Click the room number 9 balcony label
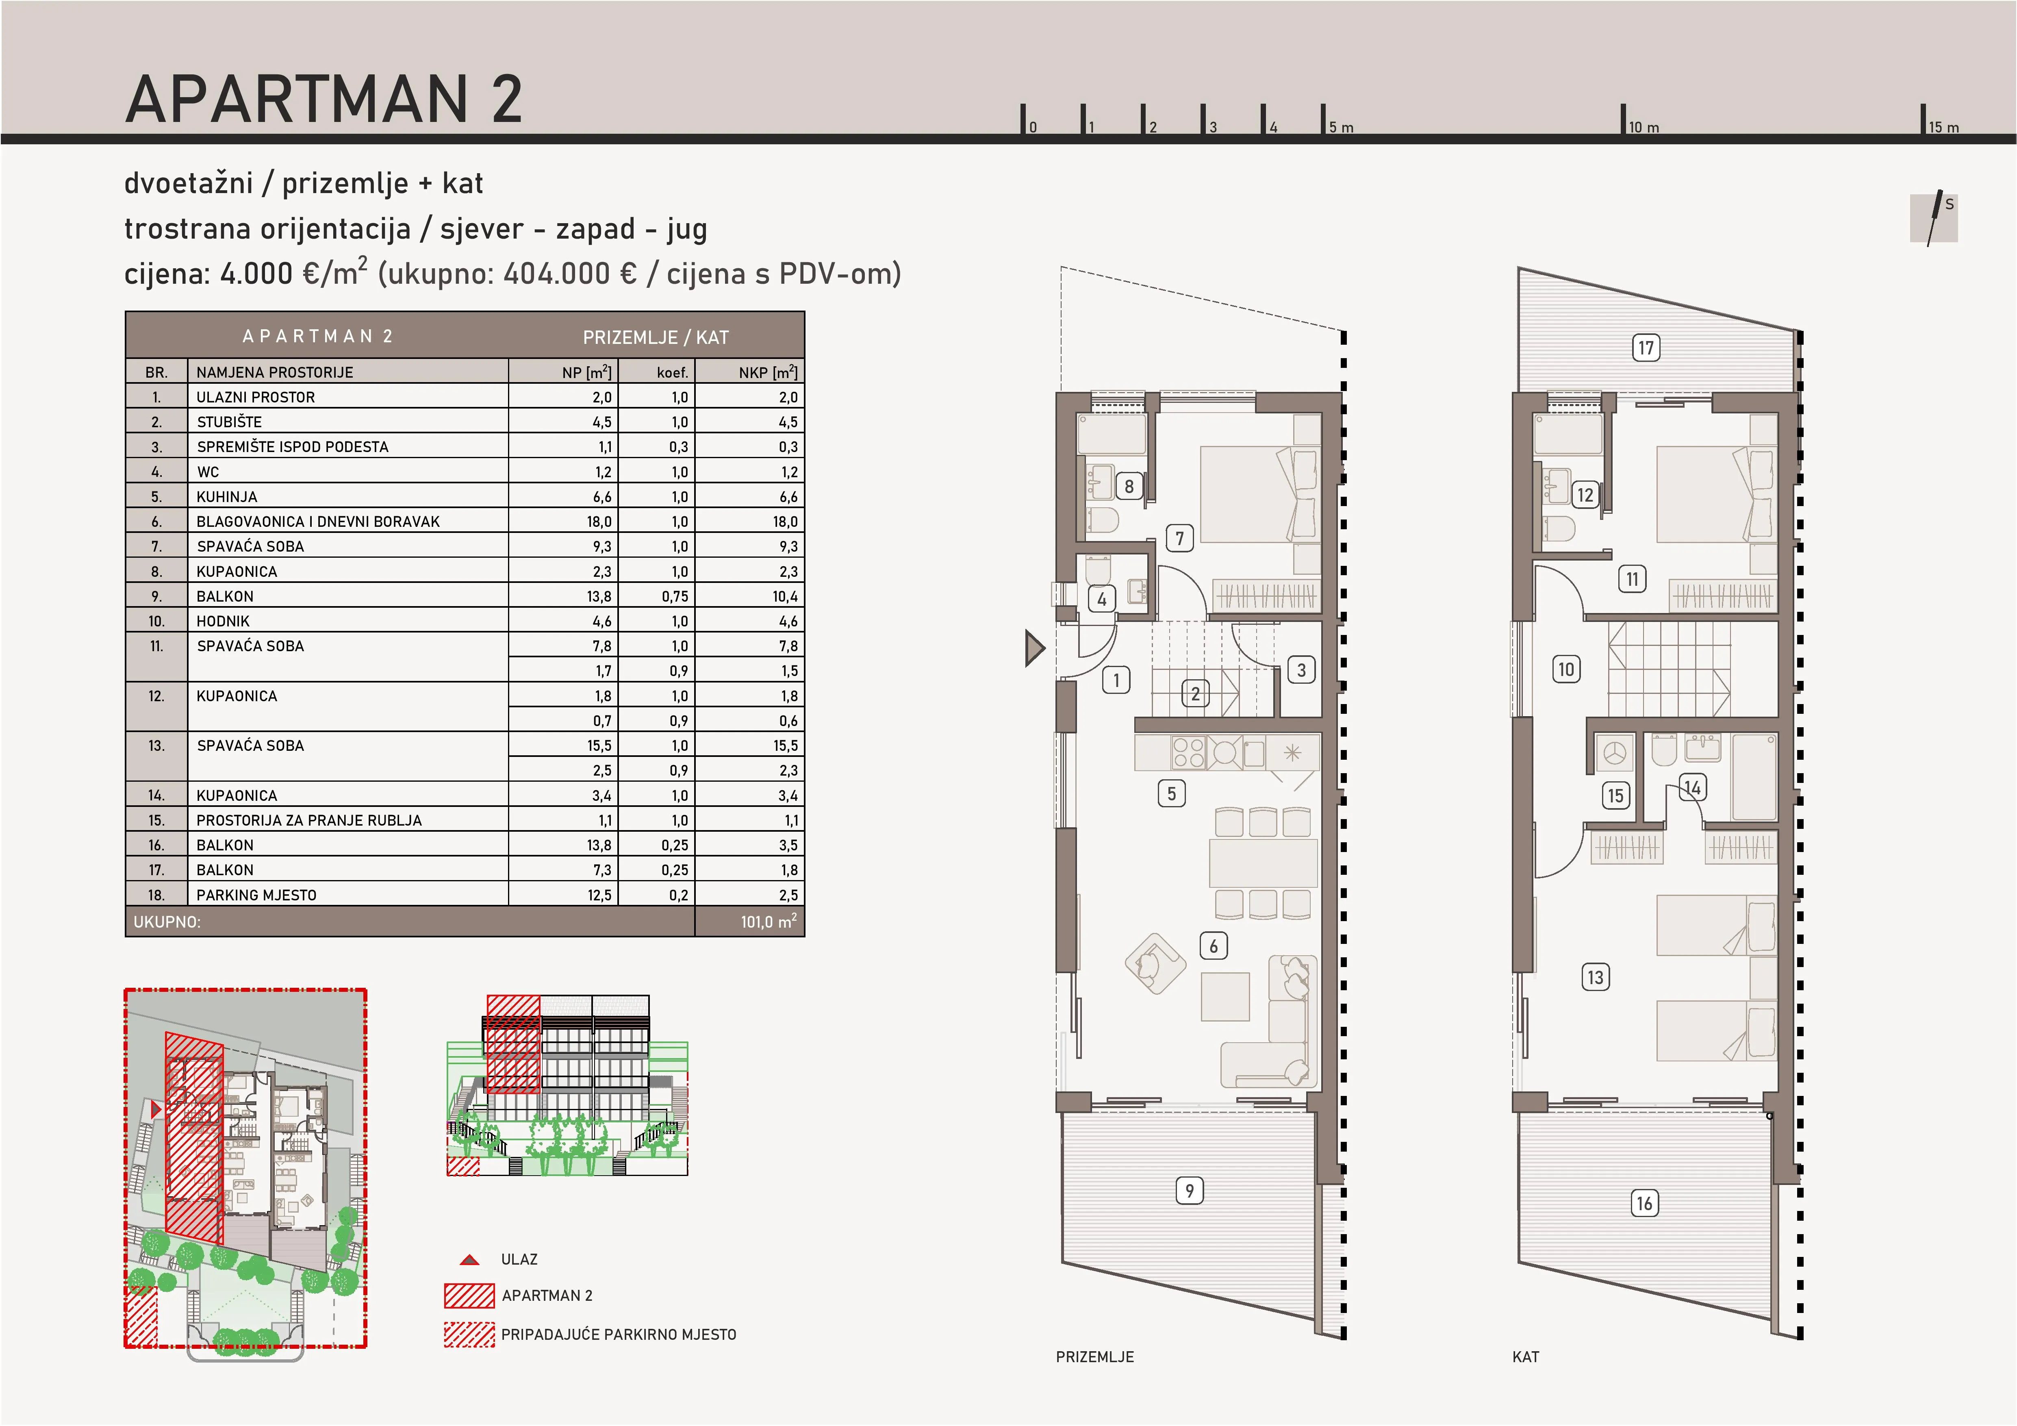tap(1190, 1191)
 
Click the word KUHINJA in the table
tap(227, 496)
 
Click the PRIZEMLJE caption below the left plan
tap(1094, 1356)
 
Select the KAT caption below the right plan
tap(1526, 1356)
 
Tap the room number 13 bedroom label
tap(1595, 977)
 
